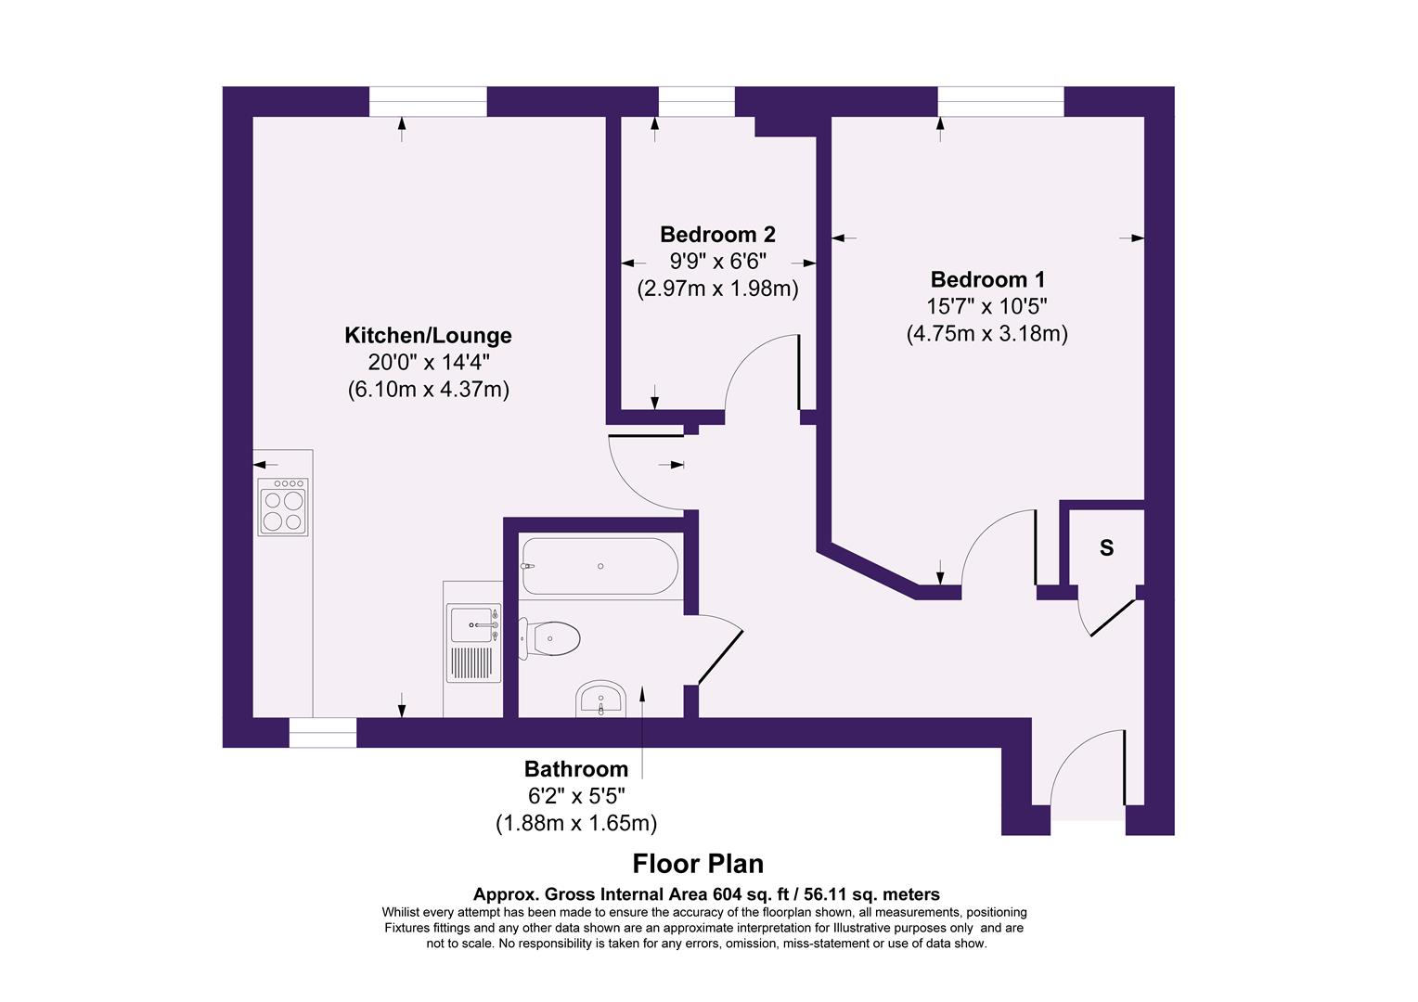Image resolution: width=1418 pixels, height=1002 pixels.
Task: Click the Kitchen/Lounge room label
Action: tap(428, 335)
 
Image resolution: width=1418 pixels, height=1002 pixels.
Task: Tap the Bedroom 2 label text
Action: tap(717, 235)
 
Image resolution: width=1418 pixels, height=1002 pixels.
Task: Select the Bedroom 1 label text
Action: tap(987, 279)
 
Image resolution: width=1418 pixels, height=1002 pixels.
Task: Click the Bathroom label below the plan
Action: tap(575, 769)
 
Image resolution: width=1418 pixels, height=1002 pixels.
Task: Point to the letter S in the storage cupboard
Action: tap(1106, 548)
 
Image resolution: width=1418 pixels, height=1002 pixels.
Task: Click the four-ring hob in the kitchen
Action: tap(283, 507)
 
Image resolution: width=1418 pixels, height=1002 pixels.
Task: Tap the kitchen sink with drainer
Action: tap(474, 642)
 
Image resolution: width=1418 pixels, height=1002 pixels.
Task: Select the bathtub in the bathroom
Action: tap(599, 566)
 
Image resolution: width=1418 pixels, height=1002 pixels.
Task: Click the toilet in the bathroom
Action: tap(552, 638)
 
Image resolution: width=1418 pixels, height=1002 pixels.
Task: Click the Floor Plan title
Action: tap(698, 864)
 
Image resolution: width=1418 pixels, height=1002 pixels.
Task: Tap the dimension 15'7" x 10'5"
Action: tap(987, 306)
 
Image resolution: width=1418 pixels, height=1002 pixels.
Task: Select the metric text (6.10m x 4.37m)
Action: tap(428, 390)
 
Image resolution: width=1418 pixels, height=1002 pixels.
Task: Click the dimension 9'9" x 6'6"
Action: tap(717, 262)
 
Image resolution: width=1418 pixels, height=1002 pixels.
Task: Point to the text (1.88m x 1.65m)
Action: tap(575, 823)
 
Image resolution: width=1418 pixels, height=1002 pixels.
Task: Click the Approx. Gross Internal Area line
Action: tap(706, 894)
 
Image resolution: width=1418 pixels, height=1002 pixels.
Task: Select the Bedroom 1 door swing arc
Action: tap(998, 547)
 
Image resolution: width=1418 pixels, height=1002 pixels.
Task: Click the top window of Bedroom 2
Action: tap(696, 101)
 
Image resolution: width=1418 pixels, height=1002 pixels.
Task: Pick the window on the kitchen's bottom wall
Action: tap(322, 733)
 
